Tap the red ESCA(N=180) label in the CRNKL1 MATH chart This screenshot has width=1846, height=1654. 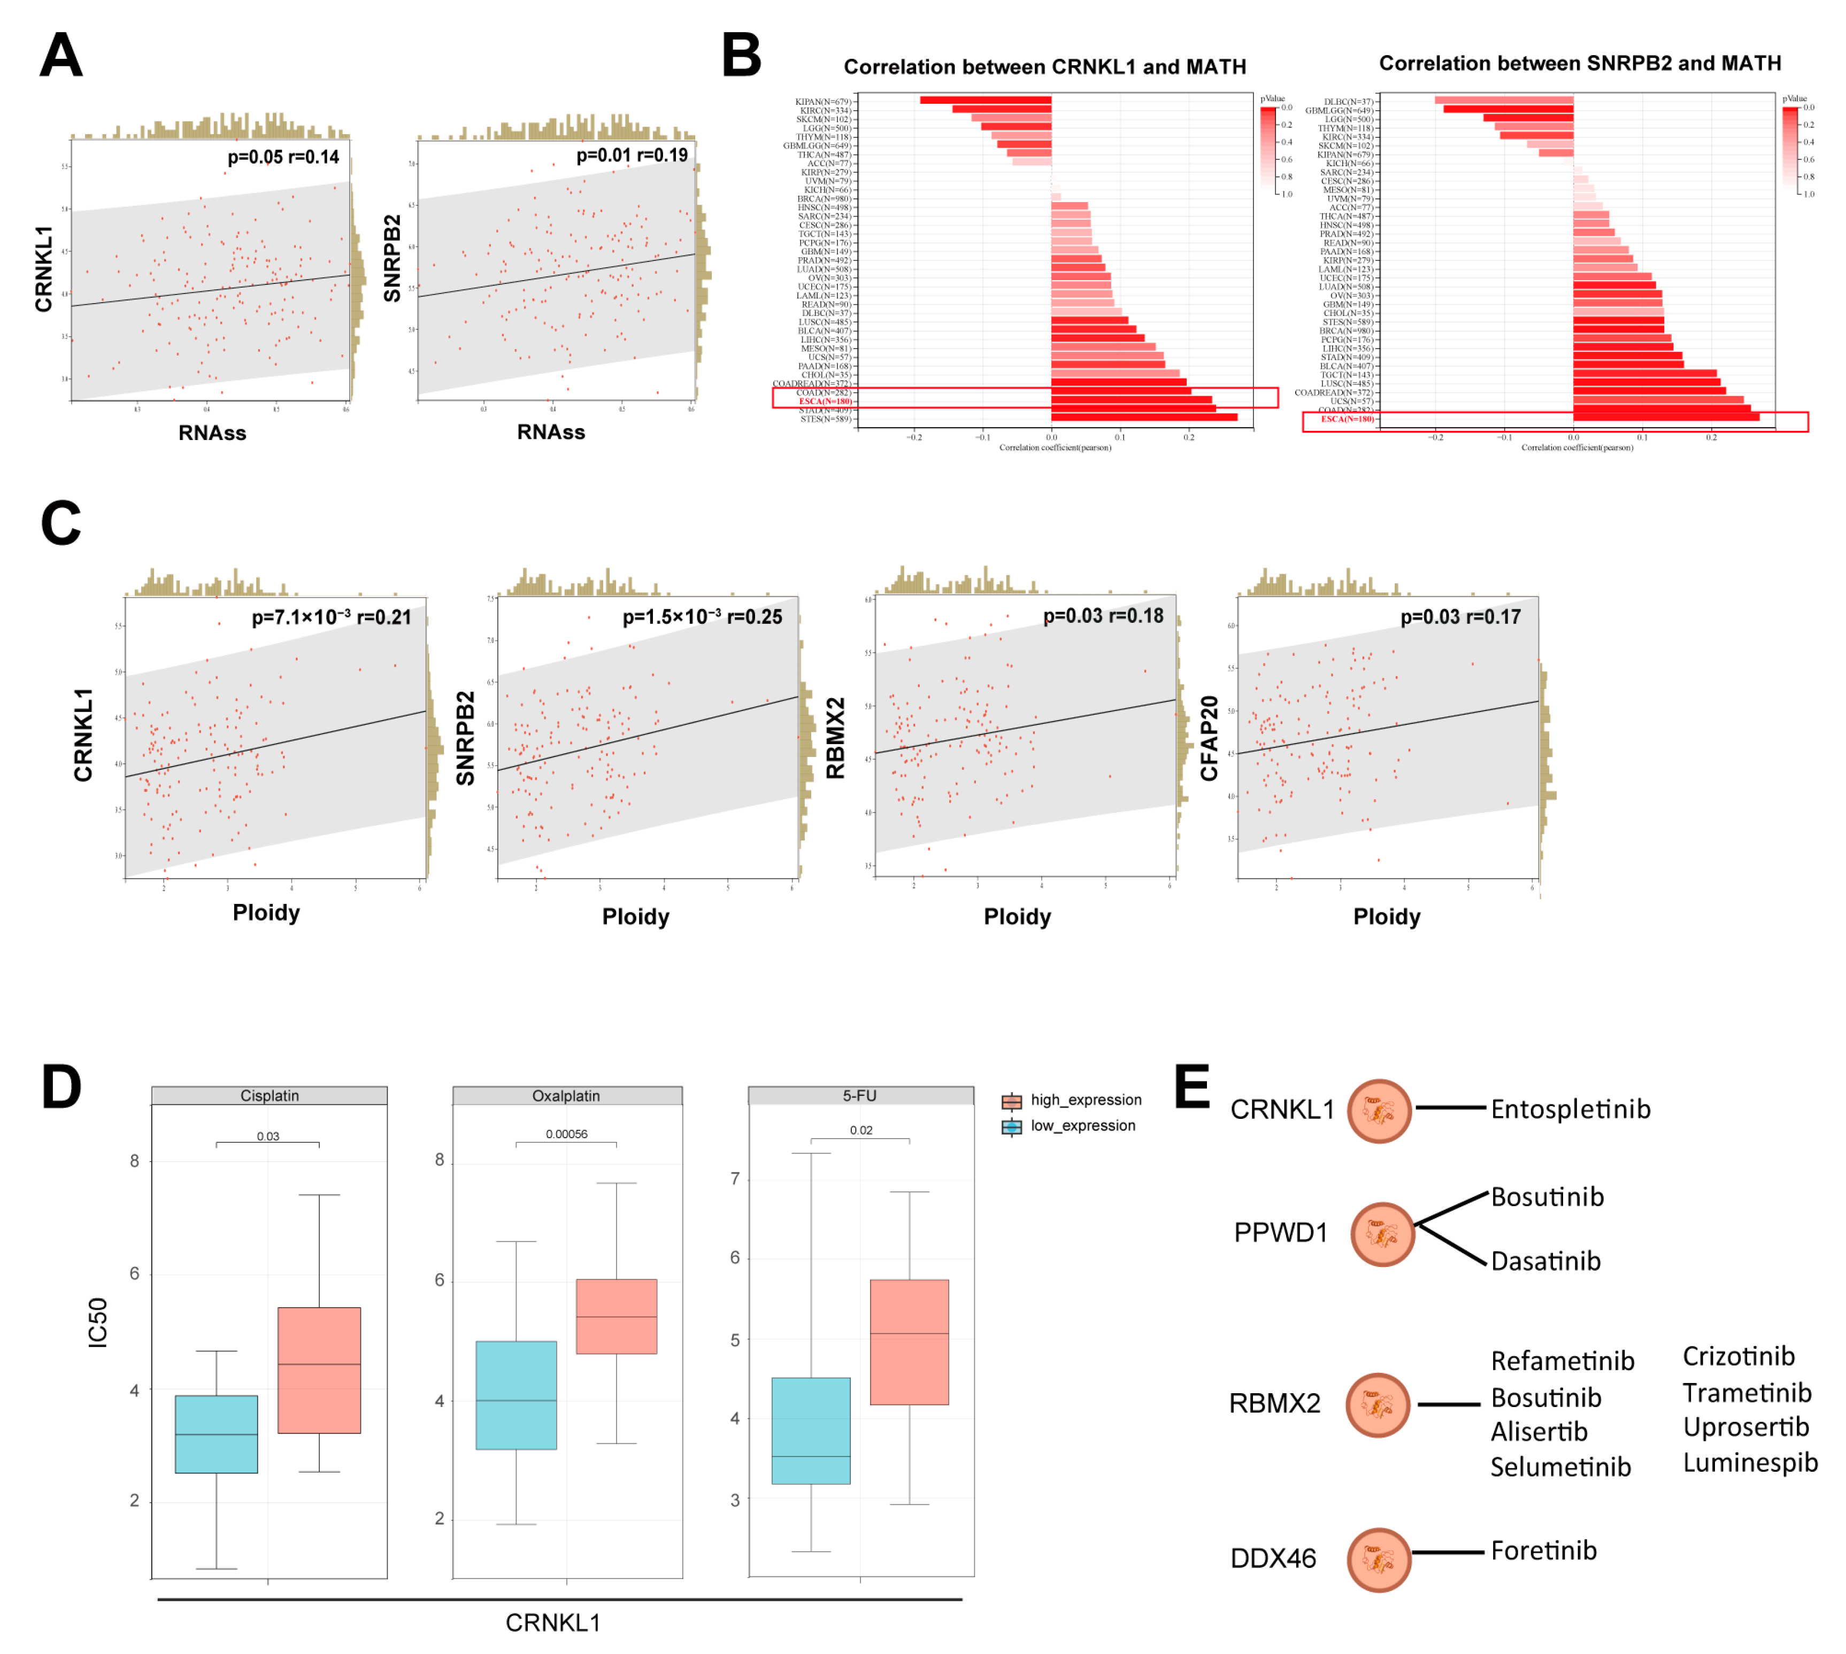[x=825, y=401]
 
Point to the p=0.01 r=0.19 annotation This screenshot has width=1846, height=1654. [x=632, y=156]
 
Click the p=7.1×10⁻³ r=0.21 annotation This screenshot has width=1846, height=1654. [x=331, y=617]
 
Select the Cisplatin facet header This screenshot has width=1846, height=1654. [x=269, y=1095]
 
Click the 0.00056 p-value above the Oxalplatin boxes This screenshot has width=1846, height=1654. [x=566, y=1133]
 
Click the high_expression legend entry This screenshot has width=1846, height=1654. [x=1073, y=1100]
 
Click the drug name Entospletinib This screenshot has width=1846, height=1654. [x=1570, y=1109]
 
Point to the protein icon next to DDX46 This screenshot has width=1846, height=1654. [x=1378, y=1559]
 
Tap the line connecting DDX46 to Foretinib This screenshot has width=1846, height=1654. [x=1448, y=1552]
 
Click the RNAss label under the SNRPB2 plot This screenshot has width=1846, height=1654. [x=551, y=432]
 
